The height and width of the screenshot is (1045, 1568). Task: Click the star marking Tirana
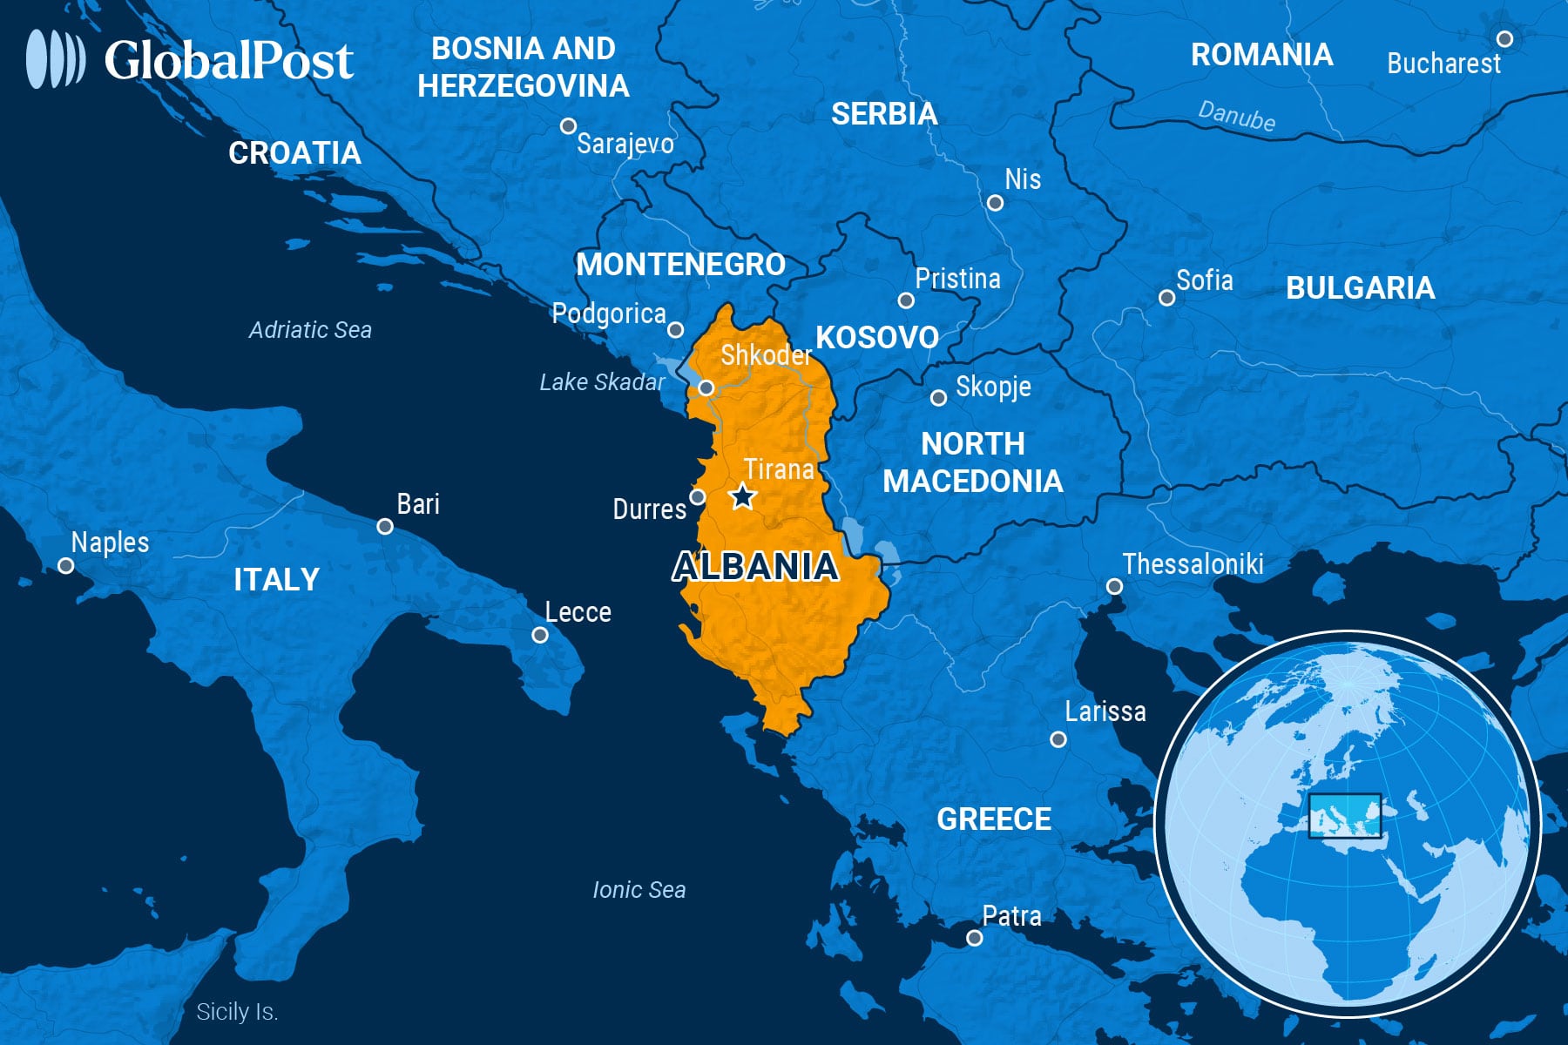(742, 497)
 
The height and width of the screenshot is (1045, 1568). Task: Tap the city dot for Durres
(697, 497)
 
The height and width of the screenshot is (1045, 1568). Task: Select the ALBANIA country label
(755, 567)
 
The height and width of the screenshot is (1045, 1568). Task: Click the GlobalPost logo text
(228, 61)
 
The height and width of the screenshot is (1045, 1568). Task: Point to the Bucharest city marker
(1504, 39)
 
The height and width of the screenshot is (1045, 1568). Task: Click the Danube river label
(1236, 116)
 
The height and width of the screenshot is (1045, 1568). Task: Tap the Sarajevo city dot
(568, 126)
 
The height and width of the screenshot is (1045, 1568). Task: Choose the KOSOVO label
(876, 338)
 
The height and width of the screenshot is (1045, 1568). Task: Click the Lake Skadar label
(601, 382)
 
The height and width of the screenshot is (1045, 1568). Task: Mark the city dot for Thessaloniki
(1114, 587)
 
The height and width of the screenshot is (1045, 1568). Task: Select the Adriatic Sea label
(310, 330)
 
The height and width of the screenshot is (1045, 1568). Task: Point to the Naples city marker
(66, 566)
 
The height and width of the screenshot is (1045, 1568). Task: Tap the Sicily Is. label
(237, 1012)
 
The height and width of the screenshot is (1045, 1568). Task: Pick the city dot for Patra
(975, 938)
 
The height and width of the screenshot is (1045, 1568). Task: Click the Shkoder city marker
(706, 388)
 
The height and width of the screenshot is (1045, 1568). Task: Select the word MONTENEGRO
(680, 265)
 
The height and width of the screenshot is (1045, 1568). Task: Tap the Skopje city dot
(938, 398)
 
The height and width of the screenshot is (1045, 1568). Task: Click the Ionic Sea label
(639, 890)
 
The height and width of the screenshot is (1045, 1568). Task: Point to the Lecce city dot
(540, 636)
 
